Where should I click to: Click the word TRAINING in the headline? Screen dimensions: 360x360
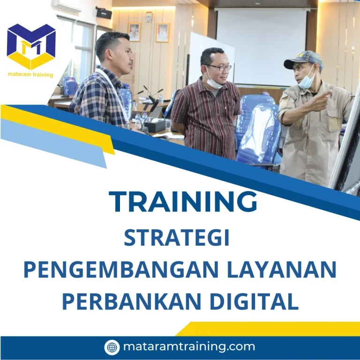point(183,202)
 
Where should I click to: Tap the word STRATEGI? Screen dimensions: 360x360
point(177,238)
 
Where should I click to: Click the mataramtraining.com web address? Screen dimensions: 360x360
point(189,347)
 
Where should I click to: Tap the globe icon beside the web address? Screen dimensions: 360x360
point(112,347)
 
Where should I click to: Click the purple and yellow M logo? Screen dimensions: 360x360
point(31,46)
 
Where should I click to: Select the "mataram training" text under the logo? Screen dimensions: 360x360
point(30,75)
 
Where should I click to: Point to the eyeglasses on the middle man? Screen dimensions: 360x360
point(219,67)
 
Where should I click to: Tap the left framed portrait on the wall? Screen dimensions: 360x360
point(134,32)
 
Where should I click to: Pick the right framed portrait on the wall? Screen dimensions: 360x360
point(162,33)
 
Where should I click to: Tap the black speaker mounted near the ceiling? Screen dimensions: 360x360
point(104,13)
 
